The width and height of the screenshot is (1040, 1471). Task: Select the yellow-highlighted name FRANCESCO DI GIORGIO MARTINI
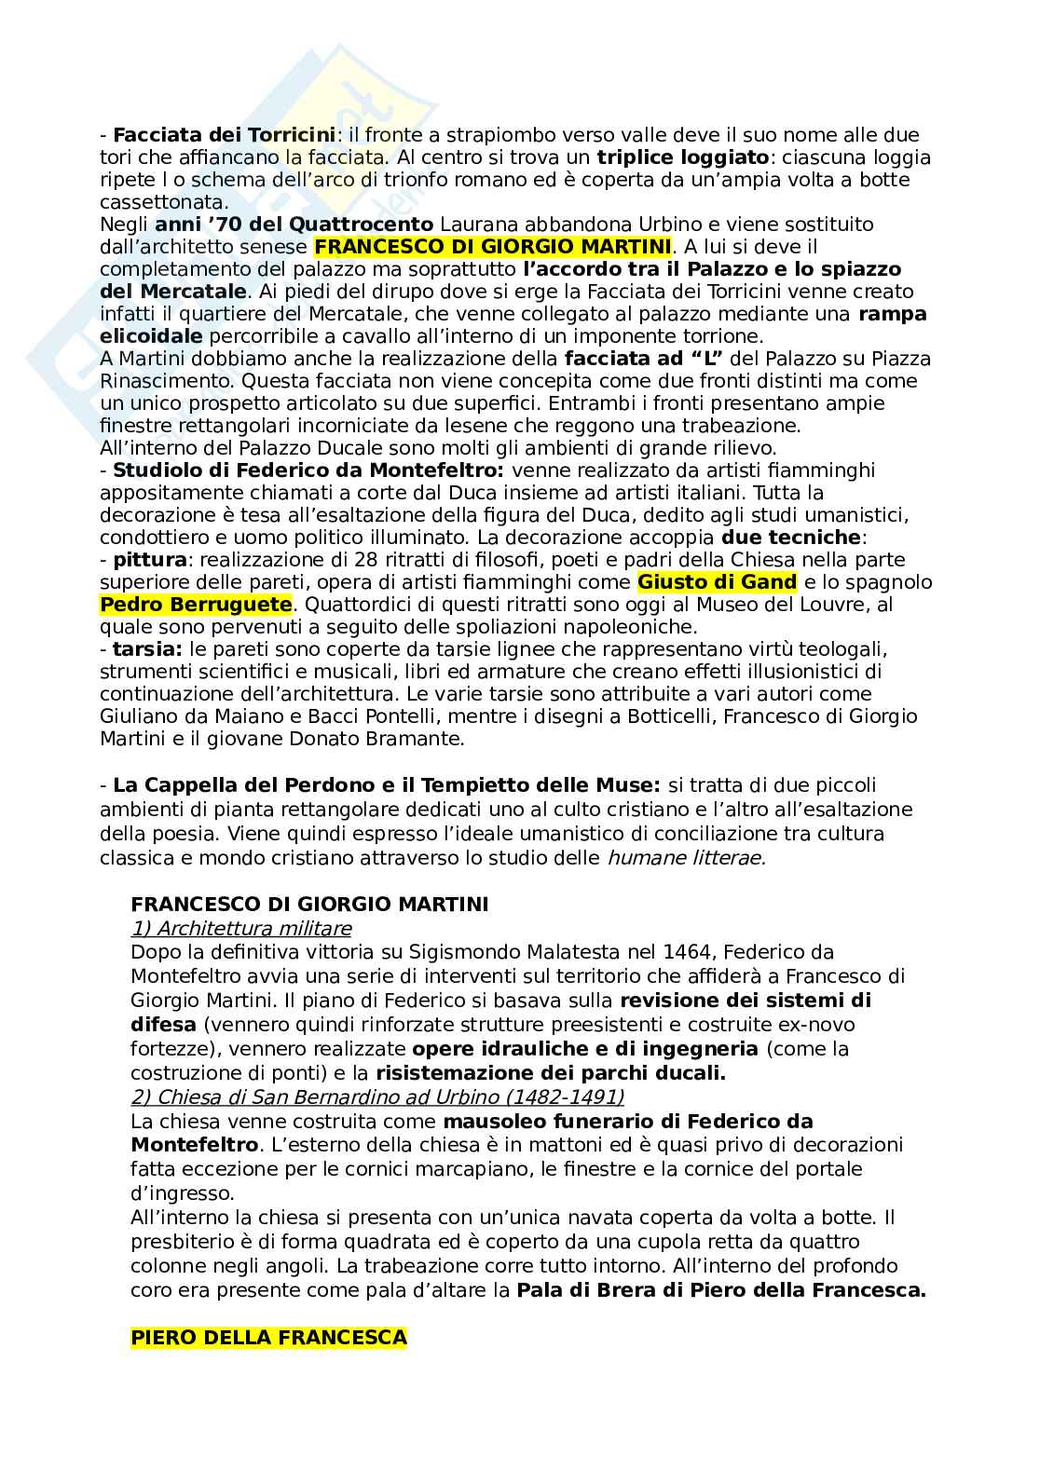click(492, 247)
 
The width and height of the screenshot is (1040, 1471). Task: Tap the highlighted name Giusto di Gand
click(717, 582)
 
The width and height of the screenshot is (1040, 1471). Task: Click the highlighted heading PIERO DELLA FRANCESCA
click(268, 1338)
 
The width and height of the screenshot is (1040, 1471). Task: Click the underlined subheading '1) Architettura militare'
click(241, 928)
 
